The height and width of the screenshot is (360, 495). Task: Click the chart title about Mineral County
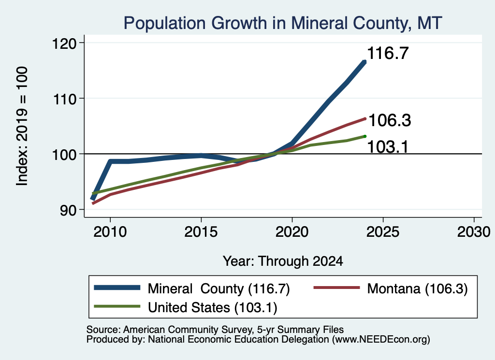click(282, 23)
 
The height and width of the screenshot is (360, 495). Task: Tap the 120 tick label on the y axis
click(64, 43)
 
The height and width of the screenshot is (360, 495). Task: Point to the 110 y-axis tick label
click(64, 99)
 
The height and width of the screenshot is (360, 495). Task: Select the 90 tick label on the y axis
click(69, 210)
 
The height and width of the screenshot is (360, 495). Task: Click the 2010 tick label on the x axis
click(110, 232)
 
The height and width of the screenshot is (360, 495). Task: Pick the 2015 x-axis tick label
click(201, 232)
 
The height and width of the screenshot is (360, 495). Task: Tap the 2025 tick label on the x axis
click(383, 232)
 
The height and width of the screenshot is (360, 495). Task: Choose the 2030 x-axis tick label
click(474, 232)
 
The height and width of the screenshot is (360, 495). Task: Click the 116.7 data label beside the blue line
click(388, 53)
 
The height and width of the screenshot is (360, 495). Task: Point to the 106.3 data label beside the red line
click(390, 120)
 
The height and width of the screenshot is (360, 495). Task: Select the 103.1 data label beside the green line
click(388, 147)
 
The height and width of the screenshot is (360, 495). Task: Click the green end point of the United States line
click(365, 136)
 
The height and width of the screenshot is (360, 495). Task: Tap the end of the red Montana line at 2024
click(365, 119)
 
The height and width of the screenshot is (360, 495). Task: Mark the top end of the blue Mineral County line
click(365, 62)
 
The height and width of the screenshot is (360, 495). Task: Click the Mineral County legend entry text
click(219, 288)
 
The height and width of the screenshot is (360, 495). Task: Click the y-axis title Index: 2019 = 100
click(22, 126)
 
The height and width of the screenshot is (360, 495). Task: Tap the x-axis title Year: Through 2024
click(283, 261)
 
